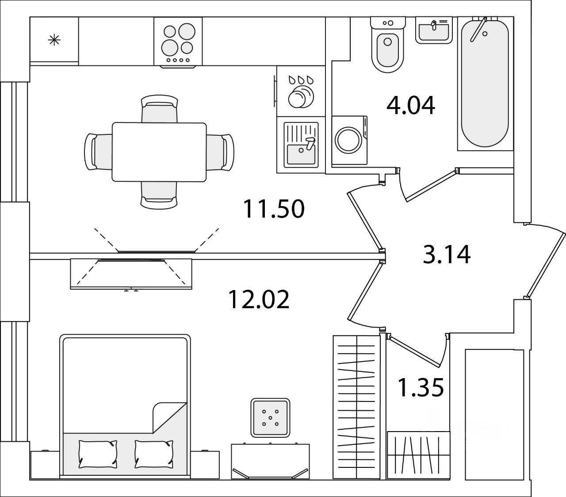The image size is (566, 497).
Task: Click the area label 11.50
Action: click(274, 209)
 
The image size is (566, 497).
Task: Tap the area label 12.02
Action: click(259, 299)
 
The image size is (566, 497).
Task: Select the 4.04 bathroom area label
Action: click(411, 106)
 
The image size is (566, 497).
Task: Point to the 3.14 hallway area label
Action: click(447, 255)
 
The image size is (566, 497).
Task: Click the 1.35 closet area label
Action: click(421, 388)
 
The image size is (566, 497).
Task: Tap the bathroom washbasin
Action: click(434, 30)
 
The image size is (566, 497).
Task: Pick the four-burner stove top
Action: click(178, 42)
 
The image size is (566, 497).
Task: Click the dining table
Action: click(159, 152)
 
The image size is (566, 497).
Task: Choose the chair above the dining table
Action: click(159, 109)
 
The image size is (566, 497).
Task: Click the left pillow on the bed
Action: click(98, 454)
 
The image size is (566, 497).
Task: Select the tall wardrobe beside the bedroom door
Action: click(356, 406)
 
